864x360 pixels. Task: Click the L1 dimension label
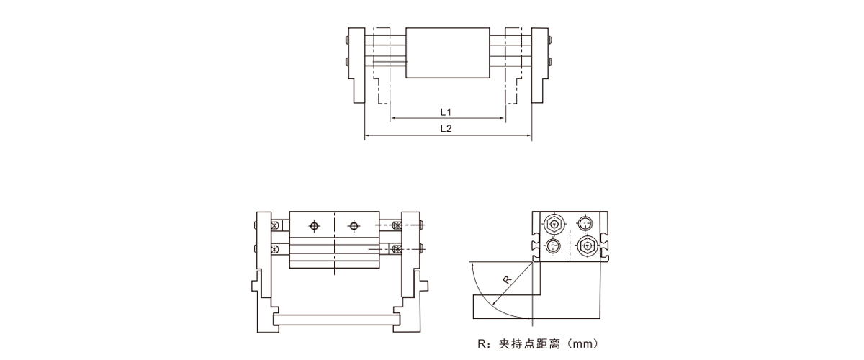coord(446,112)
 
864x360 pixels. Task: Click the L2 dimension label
coord(446,128)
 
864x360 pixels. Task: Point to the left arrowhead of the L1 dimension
coord(393,119)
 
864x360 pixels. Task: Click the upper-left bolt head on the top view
coord(347,40)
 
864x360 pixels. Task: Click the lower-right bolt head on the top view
coord(549,62)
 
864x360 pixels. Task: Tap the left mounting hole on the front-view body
coord(313,226)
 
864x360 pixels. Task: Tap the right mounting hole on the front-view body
coord(354,226)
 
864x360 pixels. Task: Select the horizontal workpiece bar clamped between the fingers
coord(336,318)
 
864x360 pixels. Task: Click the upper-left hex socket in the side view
coord(552,224)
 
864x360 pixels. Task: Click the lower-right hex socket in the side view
coord(588,246)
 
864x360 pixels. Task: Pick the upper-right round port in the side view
coord(588,224)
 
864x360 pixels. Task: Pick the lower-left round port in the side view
coord(552,246)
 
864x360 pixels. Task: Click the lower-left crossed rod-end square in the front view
coord(274,250)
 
